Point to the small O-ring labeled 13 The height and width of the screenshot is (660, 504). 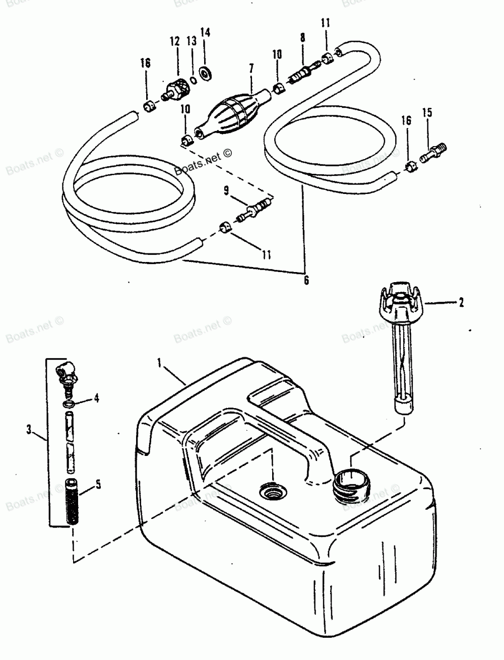coord(193,79)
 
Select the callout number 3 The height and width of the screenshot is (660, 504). coord(29,430)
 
